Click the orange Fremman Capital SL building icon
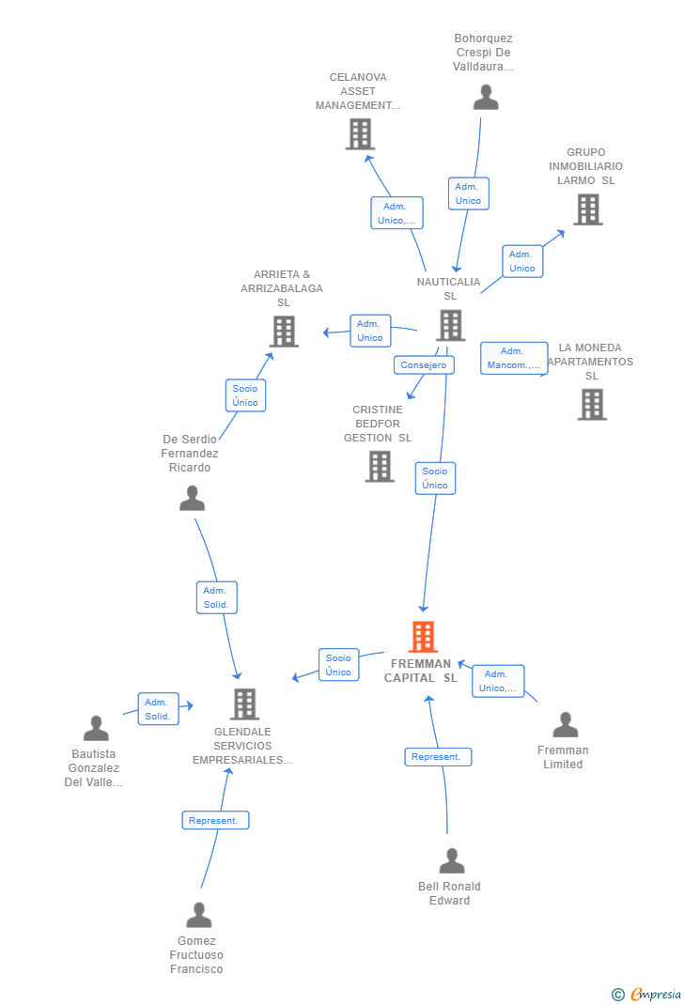[423, 637]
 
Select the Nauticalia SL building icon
[451, 326]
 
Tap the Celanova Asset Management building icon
[360, 134]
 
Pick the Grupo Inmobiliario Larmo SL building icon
[588, 209]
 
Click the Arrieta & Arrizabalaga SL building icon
[284, 332]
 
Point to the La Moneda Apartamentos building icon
[592, 405]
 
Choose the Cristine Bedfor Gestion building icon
[380, 467]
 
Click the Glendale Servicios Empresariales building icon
[244, 704]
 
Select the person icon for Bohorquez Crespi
[486, 98]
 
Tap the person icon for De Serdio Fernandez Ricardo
[192, 499]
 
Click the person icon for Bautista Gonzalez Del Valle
[96, 728]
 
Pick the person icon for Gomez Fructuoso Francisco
[199, 915]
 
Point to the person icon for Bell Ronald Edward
[452, 860]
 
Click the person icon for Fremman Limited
[566, 724]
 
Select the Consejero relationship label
[424, 365]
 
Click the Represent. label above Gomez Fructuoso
[215, 820]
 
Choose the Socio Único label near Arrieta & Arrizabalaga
[245, 395]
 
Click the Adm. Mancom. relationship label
[513, 358]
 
